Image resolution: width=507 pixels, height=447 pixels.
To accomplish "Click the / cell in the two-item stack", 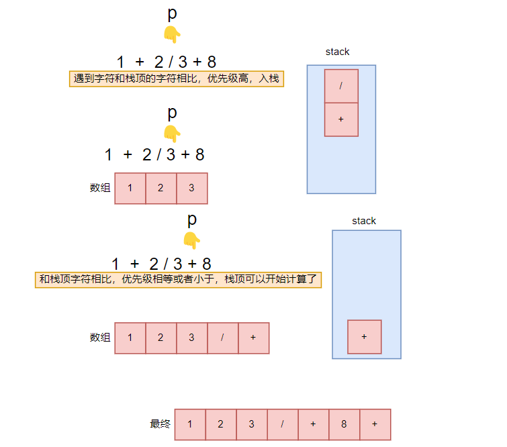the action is pyautogui.click(x=341, y=86).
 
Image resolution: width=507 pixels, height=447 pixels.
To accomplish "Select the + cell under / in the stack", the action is pyautogui.click(x=341, y=119).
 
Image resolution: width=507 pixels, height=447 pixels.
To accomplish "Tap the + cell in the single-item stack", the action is pyautogui.click(x=364, y=337).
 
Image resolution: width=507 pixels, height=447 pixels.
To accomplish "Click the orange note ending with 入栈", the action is pyautogui.click(x=177, y=79).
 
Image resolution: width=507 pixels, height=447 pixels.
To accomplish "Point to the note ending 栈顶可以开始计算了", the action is pyautogui.click(x=178, y=279).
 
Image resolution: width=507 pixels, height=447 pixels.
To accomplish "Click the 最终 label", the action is pyautogui.click(x=160, y=424).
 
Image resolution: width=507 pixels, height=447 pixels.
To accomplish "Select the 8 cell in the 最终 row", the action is pyautogui.click(x=344, y=424).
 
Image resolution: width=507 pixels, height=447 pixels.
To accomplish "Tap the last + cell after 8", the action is pyautogui.click(x=375, y=424).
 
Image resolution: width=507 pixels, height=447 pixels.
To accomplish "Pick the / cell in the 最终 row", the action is pyautogui.click(x=282, y=424).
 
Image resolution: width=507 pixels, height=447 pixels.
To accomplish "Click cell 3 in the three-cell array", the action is pyautogui.click(x=191, y=189).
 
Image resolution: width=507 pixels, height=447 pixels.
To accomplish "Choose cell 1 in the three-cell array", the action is pyautogui.click(x=130, y=189).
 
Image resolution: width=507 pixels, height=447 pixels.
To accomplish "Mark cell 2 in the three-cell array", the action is pyautogui.click(x=160, y=189).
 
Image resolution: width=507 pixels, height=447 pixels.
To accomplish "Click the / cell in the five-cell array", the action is pyautogui.click(x=222, y=338).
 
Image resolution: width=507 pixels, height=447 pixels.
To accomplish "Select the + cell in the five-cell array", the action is pyautogui.click(x=252, y=338).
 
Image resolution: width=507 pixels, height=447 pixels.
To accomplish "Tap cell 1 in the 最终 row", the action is pyautogui.click(x=190, y=424).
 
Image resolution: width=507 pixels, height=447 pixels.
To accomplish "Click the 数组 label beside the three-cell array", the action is pyautogui.click(x=100, y=188).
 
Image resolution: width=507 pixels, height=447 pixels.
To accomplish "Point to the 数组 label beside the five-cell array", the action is pyautogui.click(x=100, y=338).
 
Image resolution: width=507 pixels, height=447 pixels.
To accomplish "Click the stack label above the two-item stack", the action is pyautogui.click(x=337, y=52).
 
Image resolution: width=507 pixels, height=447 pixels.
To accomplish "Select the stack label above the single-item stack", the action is pyautogui.click(x=364, y=221).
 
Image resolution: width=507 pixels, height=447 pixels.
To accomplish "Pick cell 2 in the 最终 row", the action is pyautogui.click(x=221, y=424).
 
